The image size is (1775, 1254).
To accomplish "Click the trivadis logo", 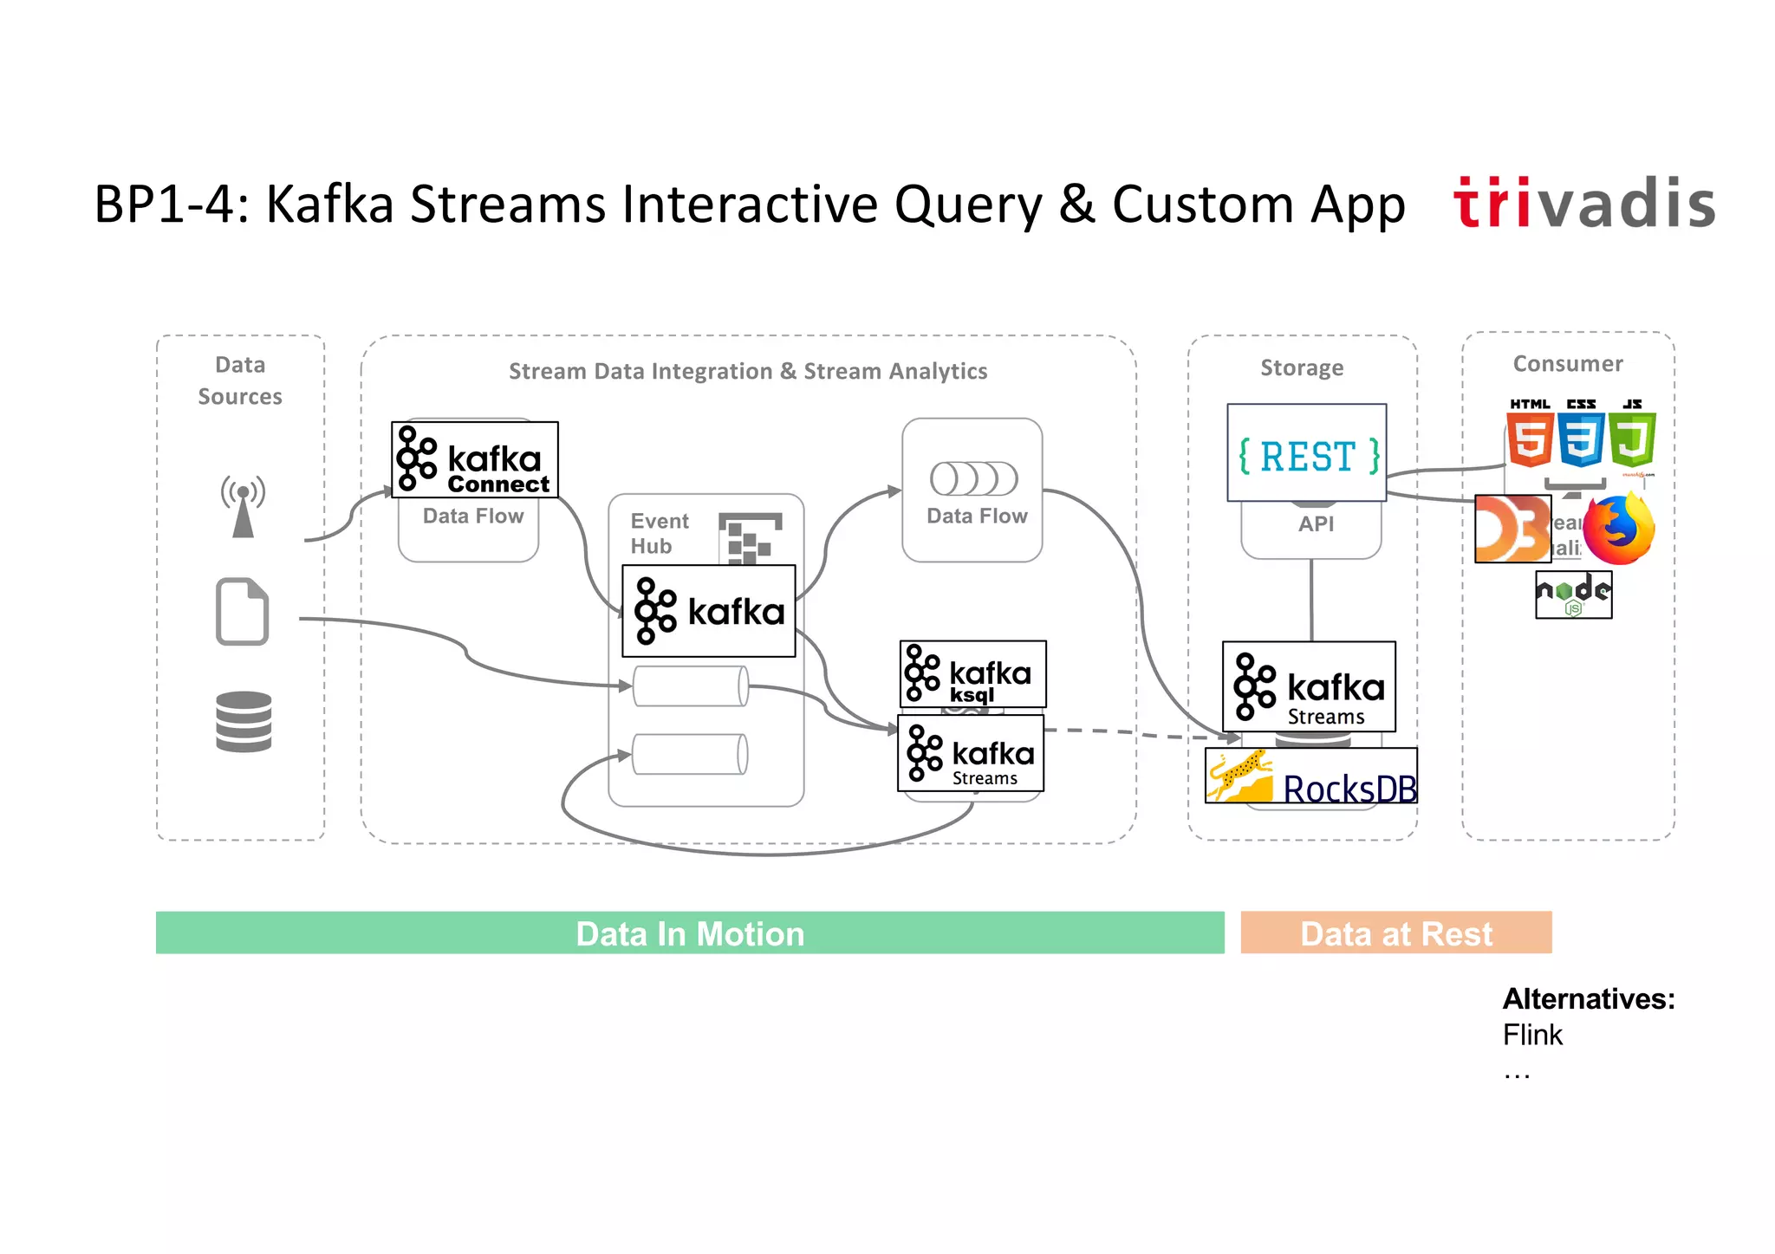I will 1584,203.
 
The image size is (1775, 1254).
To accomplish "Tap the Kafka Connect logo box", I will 475,459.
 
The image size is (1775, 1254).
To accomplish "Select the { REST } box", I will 1307,453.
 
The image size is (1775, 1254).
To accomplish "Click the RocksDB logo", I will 1310,776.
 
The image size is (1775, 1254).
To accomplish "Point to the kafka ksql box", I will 972,674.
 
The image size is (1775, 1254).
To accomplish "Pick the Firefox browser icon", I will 1618,529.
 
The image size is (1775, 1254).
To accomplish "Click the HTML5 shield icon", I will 1529,437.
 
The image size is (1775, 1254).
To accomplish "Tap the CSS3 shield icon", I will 1581,437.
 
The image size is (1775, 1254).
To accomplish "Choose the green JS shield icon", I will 1633,437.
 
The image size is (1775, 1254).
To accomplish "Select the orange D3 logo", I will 1512,529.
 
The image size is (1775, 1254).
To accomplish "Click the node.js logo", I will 1573,595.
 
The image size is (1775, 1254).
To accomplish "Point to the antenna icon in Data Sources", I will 243,506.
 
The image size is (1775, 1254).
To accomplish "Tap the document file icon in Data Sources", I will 242,611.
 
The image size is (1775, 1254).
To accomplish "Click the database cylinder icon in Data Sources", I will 244,721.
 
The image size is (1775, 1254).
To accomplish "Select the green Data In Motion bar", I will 690,932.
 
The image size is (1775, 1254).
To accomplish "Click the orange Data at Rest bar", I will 1395,932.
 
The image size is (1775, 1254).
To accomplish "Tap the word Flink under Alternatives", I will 1531,1035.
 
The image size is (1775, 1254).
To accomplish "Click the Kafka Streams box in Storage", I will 1309,686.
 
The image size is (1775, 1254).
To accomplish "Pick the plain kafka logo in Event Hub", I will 709,611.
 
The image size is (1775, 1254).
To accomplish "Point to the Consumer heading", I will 1567,364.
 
